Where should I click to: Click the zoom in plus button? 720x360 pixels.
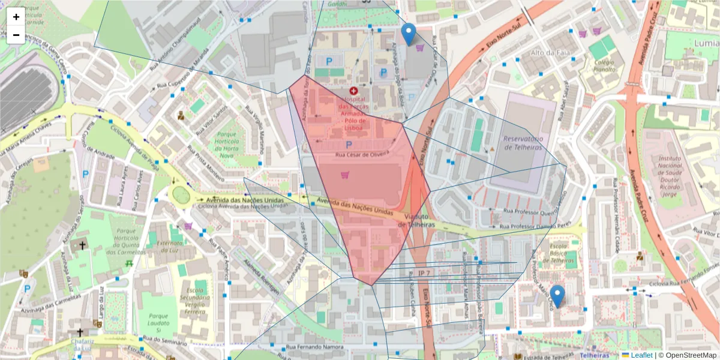(x=16, y=17)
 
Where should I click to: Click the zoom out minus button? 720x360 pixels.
(x=16, y=35)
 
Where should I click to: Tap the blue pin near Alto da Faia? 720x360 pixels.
(x=409, y=34)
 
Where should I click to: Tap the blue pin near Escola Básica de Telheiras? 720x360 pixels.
(x=557, y=296)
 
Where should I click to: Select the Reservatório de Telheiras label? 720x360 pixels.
(x=523, y=143)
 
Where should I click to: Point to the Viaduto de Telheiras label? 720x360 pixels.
(x=419, y=220)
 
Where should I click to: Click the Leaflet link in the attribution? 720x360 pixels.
(x=641, y=355)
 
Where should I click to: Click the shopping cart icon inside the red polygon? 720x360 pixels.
(x=344, y=175)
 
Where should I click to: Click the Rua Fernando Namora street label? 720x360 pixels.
(x=314, y=347)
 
